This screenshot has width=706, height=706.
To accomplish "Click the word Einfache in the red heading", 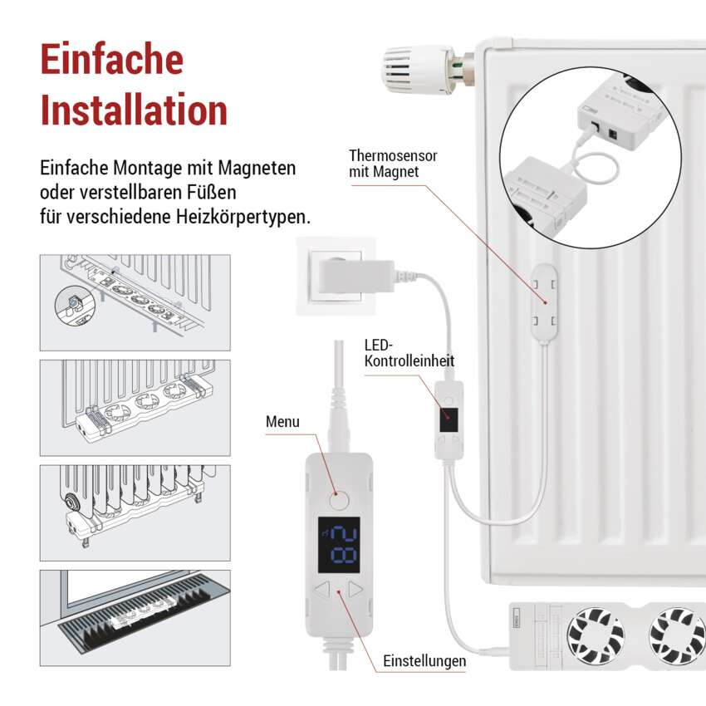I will [x=111, y=61].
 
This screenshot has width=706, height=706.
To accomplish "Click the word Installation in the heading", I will [x=134, y=111].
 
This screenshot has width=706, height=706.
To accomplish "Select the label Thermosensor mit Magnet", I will [x=393, y=164].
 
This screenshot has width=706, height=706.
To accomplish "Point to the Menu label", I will [x=282, y=422].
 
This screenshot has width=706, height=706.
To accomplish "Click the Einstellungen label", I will [x=424, y=662].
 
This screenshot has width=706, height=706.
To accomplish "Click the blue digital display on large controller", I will [x=338, y=544].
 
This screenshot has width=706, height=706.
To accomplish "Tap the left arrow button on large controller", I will [x=322, y=591].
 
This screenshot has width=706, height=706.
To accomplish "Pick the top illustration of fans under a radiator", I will [x=135, y=302].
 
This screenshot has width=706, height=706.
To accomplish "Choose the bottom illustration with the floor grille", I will [x=135, y=617].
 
